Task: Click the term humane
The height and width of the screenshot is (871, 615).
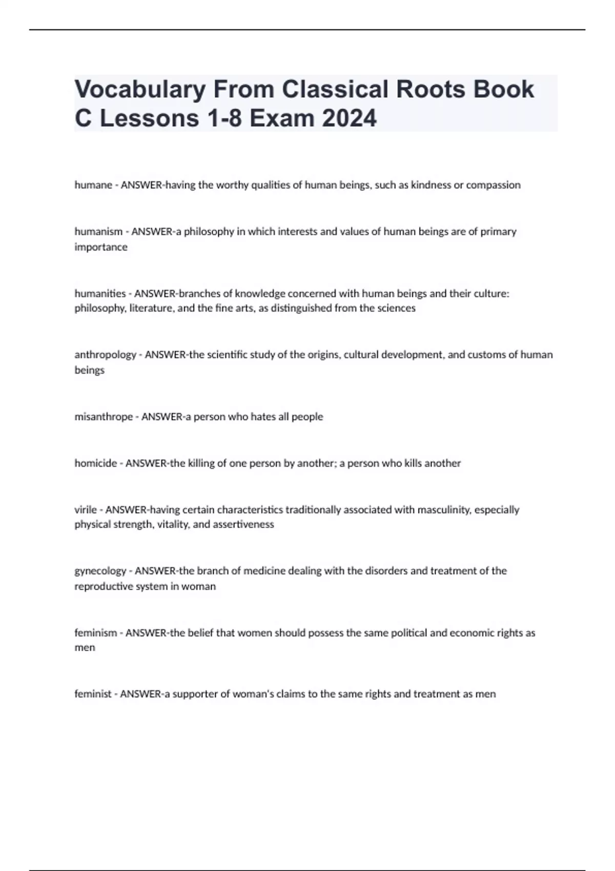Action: pyautogui.click(x=93, y=185)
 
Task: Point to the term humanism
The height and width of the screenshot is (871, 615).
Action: pyautogui.click(x=98, y=232)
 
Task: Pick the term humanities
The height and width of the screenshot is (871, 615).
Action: pyautogui.click(x=100, y=293)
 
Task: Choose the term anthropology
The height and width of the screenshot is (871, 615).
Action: pyautogui.click(x=105, y=355)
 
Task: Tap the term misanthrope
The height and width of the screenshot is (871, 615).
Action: pyautogui.click(x=104, y=417)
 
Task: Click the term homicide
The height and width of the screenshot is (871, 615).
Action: pyautogui.click(x=95, y=463)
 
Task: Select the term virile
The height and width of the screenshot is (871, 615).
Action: pyautogui.click(x=86, y=510)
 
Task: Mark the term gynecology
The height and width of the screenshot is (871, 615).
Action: pyautogui.click(x=100, y=571)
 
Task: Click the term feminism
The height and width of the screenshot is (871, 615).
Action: pyautogui.click(x=95, y=633)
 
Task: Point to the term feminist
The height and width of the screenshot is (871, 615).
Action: pyautogui.click(x=93, y=694)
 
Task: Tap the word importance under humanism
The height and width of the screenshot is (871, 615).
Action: pyautogui.click(x=101, y=247)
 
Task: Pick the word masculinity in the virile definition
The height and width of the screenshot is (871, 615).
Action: pyautogui.click(x=444, y=510)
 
